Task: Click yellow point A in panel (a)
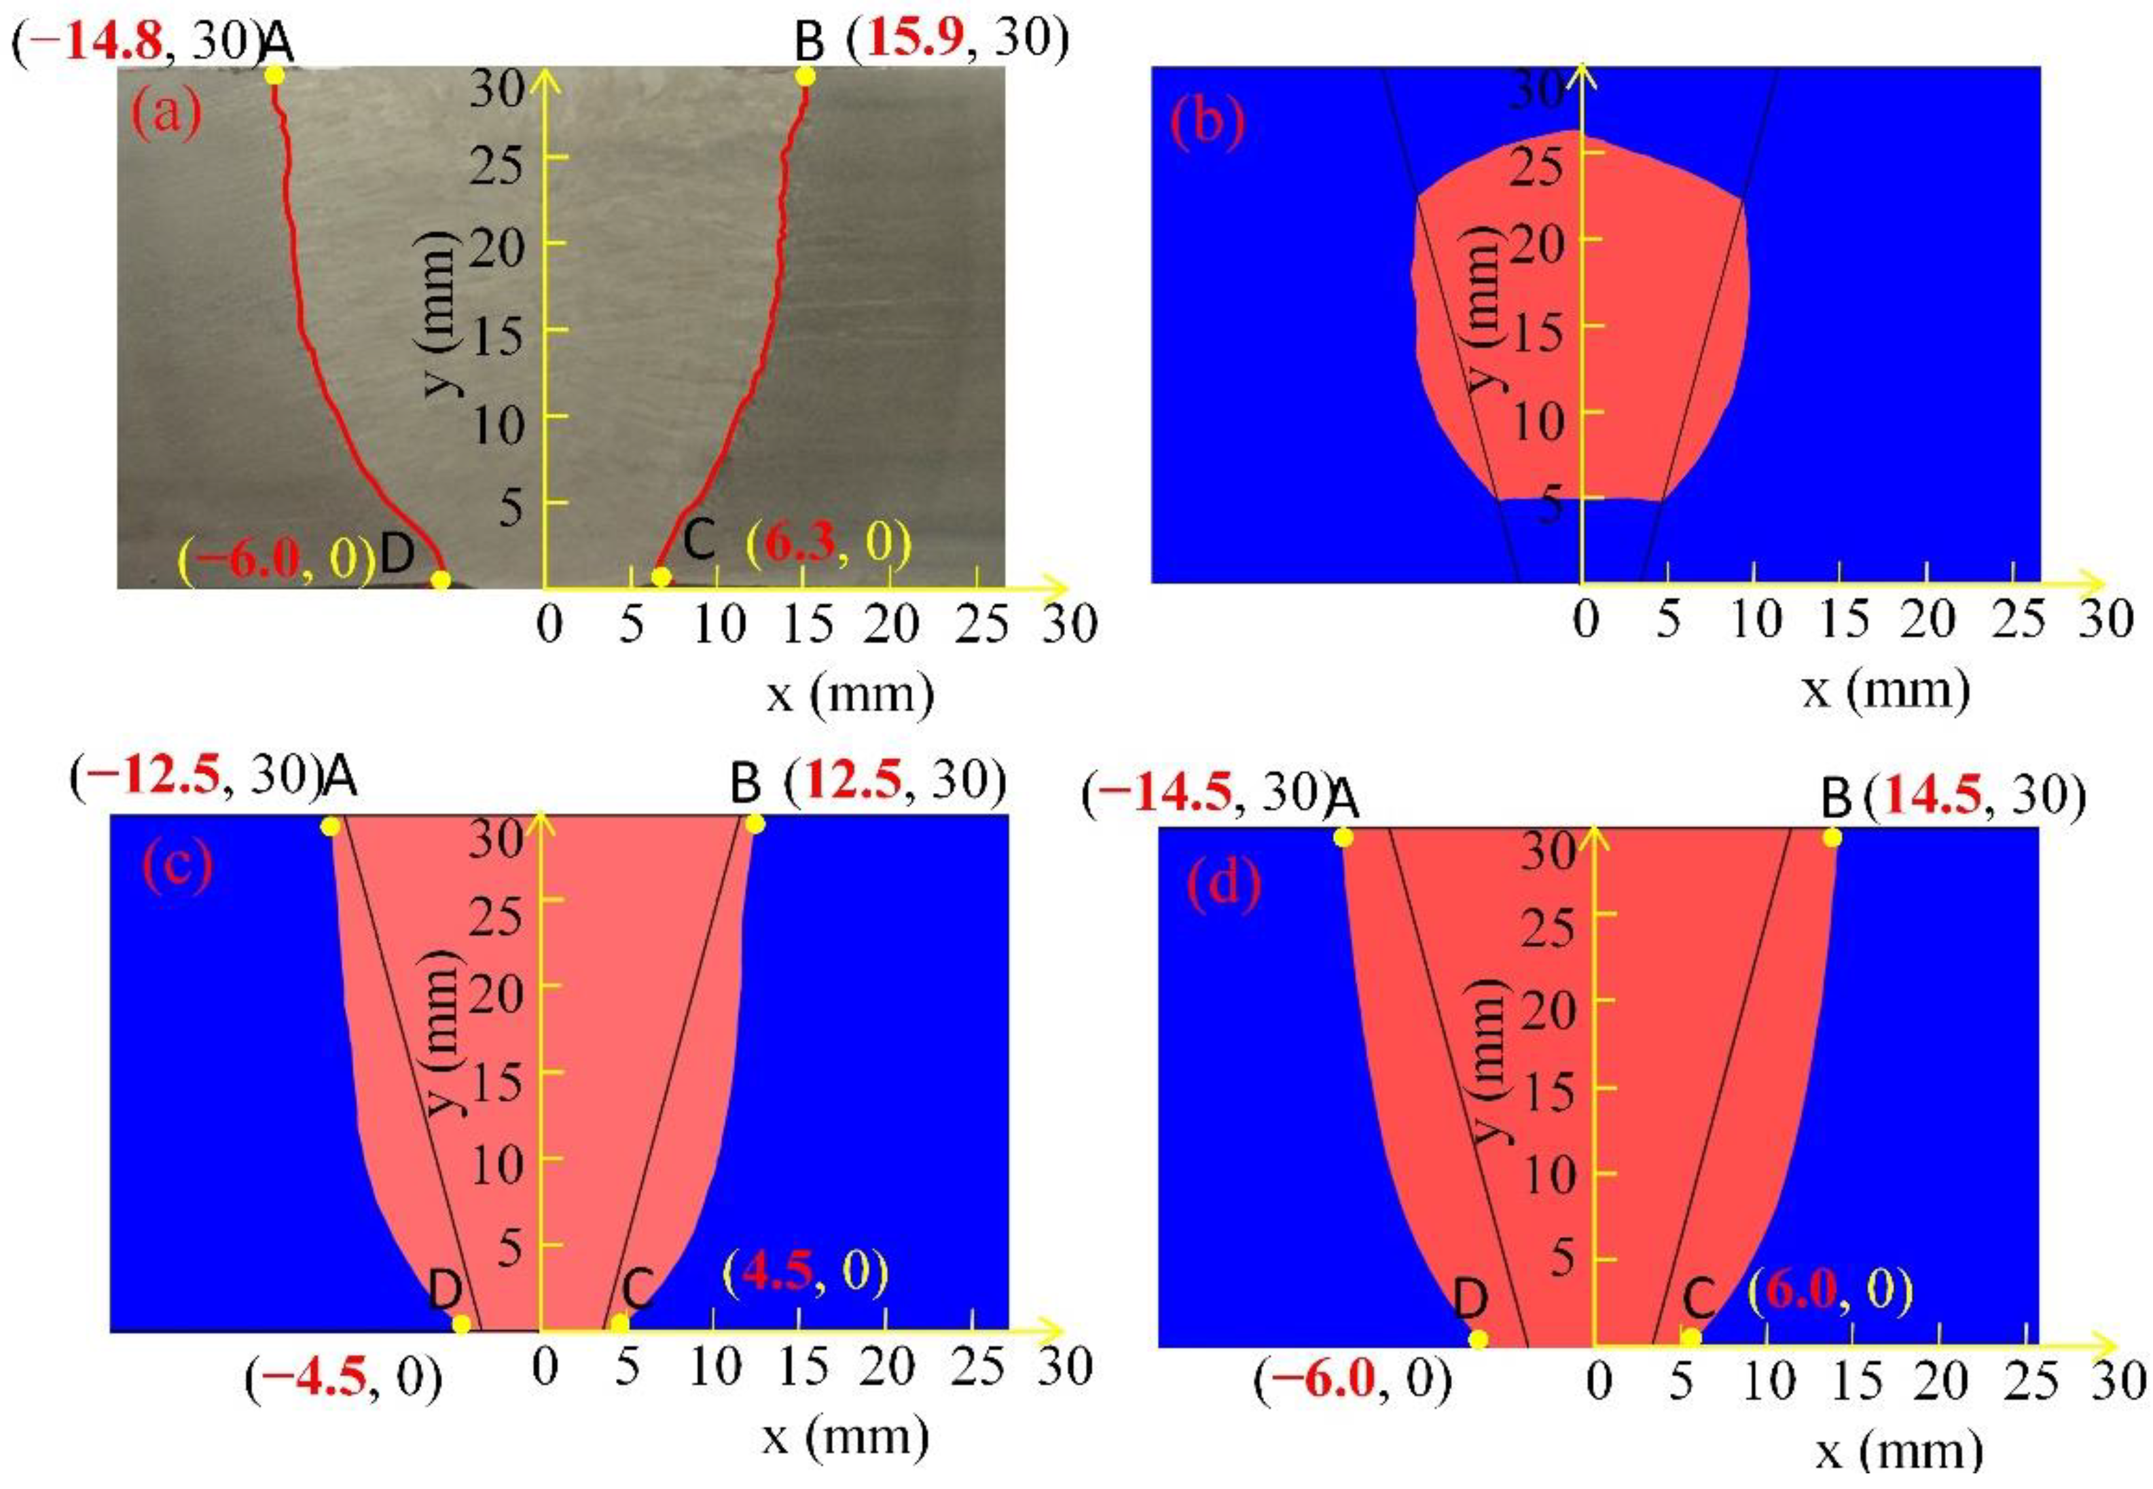pos(274,75)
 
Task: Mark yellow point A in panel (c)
pos(329,826)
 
